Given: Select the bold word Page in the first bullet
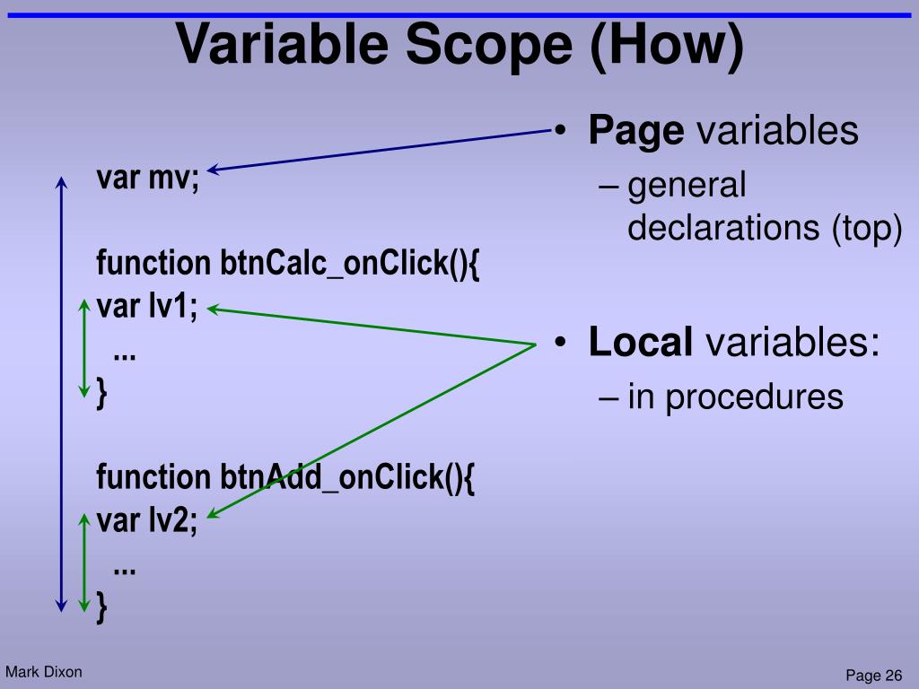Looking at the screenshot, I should (636, 131).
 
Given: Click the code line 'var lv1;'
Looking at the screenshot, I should (147, 308).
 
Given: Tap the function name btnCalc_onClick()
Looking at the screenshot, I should (350, 265).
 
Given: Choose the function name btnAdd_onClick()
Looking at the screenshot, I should (346, 477).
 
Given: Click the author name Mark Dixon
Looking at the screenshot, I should (43, 671).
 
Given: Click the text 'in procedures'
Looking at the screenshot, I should (735, 396).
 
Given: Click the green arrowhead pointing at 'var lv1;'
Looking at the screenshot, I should (214, 310).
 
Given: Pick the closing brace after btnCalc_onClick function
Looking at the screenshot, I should (102, 393).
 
